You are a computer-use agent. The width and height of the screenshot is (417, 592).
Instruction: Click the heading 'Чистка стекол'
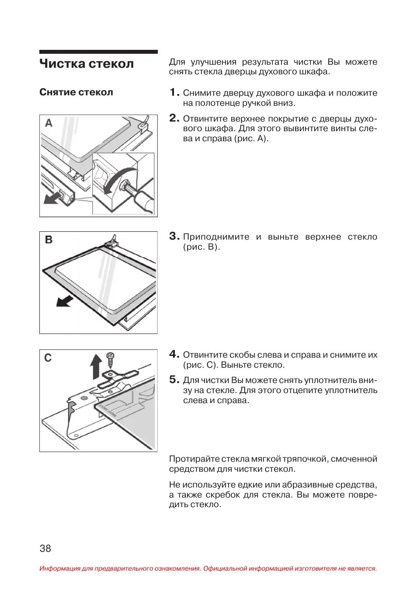(x=87, y=64)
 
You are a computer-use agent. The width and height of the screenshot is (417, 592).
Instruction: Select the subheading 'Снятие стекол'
(x=76, y=92)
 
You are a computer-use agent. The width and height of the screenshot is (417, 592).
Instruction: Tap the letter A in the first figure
(x=49, y=123)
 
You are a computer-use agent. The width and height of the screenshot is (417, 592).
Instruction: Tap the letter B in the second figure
(x=49, y=240)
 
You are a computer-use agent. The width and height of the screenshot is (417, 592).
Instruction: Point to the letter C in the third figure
(x=48, y=358)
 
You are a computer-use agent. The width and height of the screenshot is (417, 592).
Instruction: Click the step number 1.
(x=174, y=92)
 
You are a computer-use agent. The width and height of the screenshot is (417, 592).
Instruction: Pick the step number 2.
(x=174, y=118)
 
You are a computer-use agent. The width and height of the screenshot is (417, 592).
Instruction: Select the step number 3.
(x=174, y=236)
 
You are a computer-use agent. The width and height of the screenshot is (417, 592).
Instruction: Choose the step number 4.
(x=174, y=354)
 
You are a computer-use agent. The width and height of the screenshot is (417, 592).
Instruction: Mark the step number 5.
(x=174, y=380)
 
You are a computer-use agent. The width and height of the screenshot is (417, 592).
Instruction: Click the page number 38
(x=45, y=549)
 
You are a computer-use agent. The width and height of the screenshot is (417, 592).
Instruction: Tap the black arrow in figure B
(x=65, y=301)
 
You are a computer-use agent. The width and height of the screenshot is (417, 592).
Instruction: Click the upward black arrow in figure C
(x=96, y=366)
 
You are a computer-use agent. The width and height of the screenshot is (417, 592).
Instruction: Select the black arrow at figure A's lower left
(x=52, y=199)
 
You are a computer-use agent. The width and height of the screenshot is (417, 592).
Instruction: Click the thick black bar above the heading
(x=98, y=52)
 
